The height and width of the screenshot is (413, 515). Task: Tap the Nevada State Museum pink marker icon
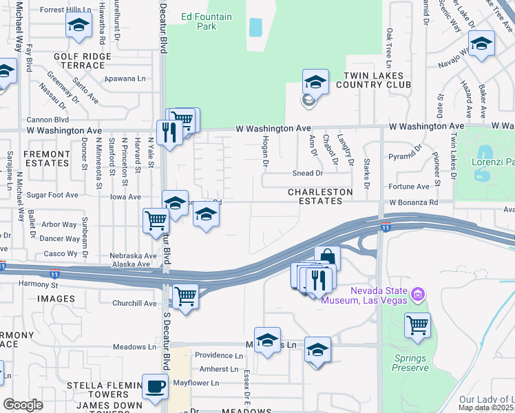pos(416,295)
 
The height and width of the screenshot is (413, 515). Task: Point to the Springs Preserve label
pos(410,363)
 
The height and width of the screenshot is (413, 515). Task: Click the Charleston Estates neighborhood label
pos(320,196)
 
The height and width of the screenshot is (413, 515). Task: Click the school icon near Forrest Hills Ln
pos(79,26)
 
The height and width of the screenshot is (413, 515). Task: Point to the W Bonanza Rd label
pos(413,203)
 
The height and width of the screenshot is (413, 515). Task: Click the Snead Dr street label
pos(307,173)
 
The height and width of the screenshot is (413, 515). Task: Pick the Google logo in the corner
pos(23,405)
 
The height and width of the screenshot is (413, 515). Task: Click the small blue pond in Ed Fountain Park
pos(255,27)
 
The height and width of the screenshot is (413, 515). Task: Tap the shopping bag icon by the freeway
pos(328,259)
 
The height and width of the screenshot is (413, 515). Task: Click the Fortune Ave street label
pos(408,187)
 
